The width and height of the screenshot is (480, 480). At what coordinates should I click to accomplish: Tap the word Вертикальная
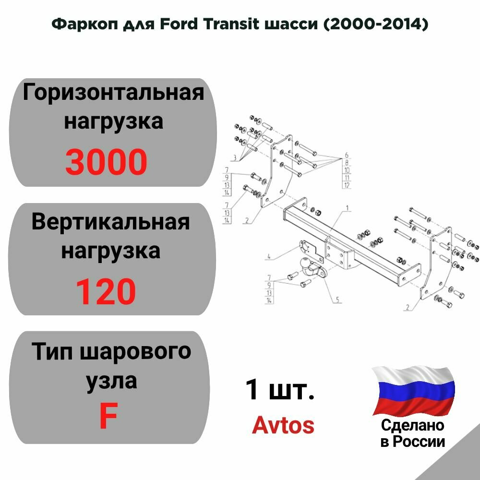tap(110, 223)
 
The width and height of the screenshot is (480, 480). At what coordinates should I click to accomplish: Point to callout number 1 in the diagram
tap(347, 210)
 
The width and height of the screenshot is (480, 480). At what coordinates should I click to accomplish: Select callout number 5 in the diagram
tap(338, 300)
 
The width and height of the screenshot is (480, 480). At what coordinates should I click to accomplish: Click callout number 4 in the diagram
tap(270, 257)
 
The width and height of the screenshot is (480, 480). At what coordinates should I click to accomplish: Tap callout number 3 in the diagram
tap(235, 157)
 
